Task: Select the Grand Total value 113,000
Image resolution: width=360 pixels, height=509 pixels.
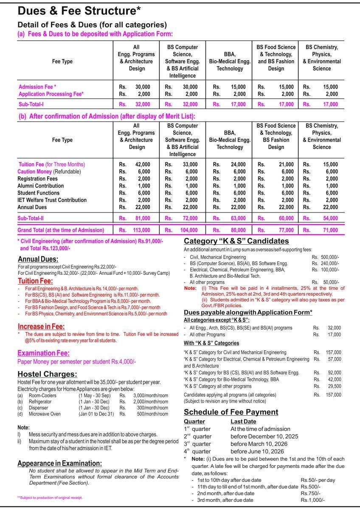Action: [x=142, y=230]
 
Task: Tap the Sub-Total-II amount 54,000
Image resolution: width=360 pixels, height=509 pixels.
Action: [x=330, y=218]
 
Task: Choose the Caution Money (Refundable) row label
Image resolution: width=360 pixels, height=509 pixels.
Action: [x=49, y=171]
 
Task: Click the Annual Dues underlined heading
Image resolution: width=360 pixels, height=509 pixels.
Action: [x=38, y=259]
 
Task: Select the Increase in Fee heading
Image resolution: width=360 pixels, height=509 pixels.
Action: [x=41, y=327]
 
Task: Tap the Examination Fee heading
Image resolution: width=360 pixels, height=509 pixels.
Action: [x=43, y=353]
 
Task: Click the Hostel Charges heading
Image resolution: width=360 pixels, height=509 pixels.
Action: [x=47, y=374]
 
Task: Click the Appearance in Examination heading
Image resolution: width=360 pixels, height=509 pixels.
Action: [x=59, y=463]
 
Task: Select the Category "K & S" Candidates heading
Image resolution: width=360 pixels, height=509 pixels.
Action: [x=236, y=241]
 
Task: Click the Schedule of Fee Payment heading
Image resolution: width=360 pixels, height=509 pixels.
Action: [x=231, y=412]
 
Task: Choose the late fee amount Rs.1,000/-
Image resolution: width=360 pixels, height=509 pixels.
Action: [x=313, y=500]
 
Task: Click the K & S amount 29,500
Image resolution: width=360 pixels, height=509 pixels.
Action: [x=333, y=386]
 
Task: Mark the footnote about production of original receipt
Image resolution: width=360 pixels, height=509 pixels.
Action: [x=50, y=497]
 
